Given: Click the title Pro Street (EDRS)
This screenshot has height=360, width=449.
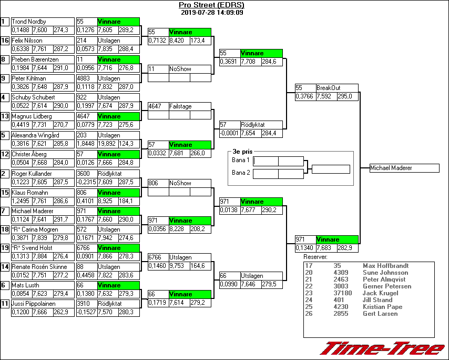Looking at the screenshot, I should [211, 5].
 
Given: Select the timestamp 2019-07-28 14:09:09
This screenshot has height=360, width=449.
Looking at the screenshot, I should [211, 13].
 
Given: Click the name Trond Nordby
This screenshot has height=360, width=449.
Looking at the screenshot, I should [29, 22].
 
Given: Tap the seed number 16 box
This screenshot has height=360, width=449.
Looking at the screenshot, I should [5, 41].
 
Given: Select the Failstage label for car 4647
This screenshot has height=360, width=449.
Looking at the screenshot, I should [181, 106].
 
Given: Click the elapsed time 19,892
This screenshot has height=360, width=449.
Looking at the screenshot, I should [107, 143].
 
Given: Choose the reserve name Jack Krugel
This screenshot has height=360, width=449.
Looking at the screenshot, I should [379, 293].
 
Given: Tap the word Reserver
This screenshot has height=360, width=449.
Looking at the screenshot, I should [315, 257].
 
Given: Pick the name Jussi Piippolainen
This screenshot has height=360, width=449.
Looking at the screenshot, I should [35, 304].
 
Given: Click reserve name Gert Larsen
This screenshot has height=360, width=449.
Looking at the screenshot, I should [380, 314].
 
